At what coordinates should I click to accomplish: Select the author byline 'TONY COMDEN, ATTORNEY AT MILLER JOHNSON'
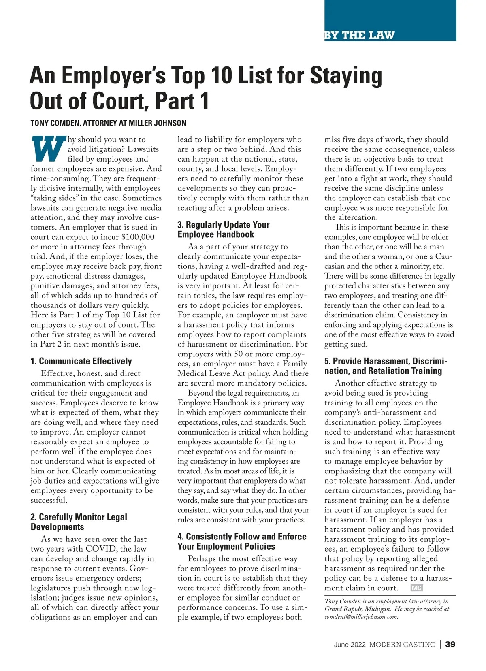[x=109, y=123]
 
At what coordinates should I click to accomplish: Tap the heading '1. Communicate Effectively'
[x=81, y=361]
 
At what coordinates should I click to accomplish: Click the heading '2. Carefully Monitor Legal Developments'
[x=79, y=522]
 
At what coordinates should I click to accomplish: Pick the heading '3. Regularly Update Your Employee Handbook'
[x=223, y=230]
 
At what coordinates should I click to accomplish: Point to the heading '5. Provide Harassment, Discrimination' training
[x=385, y=366]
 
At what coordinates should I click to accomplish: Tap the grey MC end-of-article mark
[x=416, y=588]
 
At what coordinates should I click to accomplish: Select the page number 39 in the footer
[x=450, y=644]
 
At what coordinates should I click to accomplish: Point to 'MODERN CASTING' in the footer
[x=402, y=645]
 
